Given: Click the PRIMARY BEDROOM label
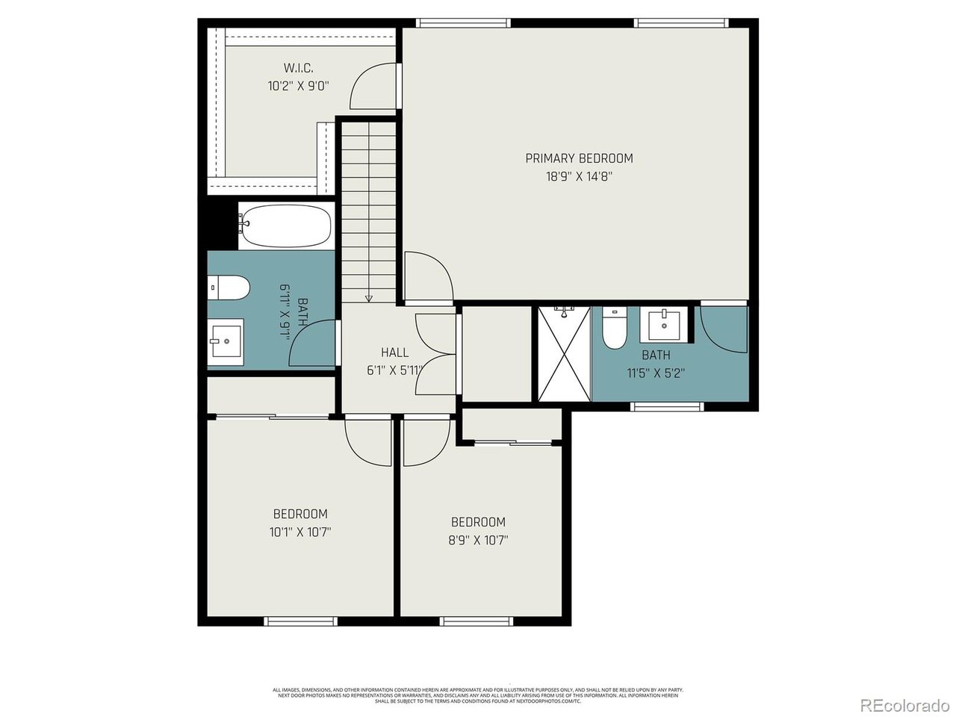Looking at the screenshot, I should point(579,158).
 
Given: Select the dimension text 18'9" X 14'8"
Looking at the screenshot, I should point(579,177).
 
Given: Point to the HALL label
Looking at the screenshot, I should point(394,353).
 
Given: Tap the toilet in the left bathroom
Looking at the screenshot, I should point(229,287).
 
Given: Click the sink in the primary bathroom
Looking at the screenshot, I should point(664,325).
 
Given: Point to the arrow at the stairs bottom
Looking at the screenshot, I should point(368,298).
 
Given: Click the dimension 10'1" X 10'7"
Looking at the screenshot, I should point(299,533).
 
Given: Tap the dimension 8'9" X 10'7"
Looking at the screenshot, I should point(477,541).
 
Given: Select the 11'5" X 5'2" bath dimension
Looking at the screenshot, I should point(656,374).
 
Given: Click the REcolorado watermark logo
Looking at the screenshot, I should point(904,704).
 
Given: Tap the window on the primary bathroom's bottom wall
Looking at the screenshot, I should point(667,407).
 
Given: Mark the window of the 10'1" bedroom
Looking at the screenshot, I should point(301,621).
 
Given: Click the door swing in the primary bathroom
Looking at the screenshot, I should point(722,329).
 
